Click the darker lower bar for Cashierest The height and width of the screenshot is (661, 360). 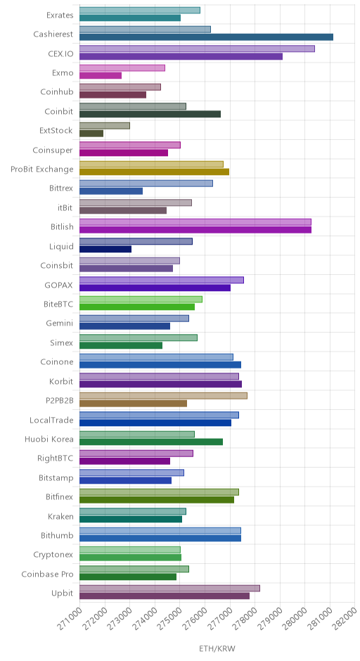(206, 37)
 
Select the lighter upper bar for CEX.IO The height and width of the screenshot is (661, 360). (197, 49)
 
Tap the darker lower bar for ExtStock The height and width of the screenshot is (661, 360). (91, 134)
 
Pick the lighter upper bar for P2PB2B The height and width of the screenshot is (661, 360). (163, 395)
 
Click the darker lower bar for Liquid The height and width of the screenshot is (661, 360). (105, 249)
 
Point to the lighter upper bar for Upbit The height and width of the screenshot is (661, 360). (169, 588)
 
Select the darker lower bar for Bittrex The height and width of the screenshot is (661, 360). (111, 191)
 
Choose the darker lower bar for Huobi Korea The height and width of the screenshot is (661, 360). (151, 442)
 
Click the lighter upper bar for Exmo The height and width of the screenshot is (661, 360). (122, 68)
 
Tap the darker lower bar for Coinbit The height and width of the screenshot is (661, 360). (150, 114)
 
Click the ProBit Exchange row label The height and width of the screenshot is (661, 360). (42, 169)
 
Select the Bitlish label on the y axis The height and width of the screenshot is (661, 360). (62, 227)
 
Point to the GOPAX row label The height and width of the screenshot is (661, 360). (58, 285)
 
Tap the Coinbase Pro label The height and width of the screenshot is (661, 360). (47, 575)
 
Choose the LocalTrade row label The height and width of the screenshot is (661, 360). (51, 420)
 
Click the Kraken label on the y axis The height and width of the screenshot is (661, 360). (60, 516)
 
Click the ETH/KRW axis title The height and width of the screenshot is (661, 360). (217, 648)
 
